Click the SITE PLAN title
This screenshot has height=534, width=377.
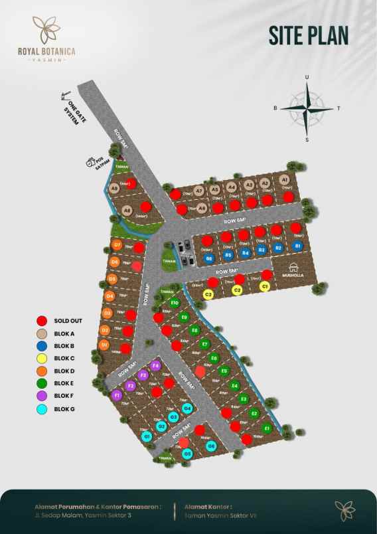click(x=309, y=35)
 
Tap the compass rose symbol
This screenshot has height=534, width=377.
click(x=307, y=108)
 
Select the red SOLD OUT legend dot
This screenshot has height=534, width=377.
click(x=41, y=321)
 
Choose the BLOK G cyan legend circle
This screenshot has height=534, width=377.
click(x=41, y=409)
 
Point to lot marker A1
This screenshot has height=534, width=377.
click(x=284, y=179)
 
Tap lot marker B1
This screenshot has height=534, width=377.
click(x=298, y=246)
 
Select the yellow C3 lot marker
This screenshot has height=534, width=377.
click(x=208, y=294)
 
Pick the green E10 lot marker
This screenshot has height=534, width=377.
click(x=175, y=302)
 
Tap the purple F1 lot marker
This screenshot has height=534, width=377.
click(x=117, y=396)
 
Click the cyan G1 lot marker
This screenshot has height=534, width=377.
click(x=147, y=436)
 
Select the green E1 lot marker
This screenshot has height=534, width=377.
click(x=266, y=428)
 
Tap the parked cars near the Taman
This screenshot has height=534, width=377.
click(x=184, y=248)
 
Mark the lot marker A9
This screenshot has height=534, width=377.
click(x=115, y=189)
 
